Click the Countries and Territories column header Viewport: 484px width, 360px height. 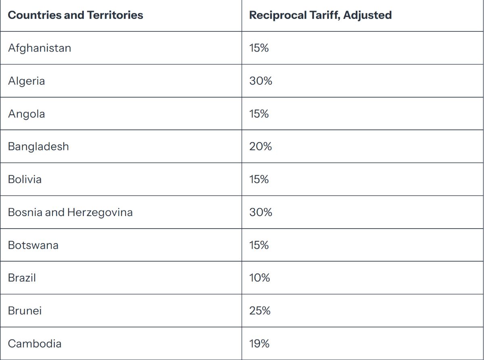[x=75, y=15]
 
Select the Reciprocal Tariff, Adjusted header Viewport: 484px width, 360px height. [x=320, y=15]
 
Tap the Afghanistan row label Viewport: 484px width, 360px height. [x=40, y=48]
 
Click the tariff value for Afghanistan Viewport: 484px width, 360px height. [x=259, y=48]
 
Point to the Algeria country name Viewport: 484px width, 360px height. [x=26, y=81]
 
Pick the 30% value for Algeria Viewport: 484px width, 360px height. [x=261, y=81]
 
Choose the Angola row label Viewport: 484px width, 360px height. [x=26, y=114]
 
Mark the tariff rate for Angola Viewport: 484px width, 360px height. [x=259, y=114]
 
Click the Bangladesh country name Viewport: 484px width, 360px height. [x=38, y=146]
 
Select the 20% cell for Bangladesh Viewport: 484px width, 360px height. [x=261, y=146]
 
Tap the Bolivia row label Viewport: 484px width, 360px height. [x=25, y=179]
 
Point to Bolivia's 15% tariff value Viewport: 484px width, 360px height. [x=259, y=179]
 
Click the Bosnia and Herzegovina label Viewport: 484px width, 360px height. [x=70, y=212]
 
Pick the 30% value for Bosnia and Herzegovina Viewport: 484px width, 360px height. [x=261, y=212]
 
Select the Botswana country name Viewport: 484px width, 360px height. [x=33, y=245]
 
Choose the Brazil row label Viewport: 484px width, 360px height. [x=22, y=278]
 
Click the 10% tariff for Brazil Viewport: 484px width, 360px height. [x=259, y=278]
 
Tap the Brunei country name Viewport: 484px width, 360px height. [x=25, y=311]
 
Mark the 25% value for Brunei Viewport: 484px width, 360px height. [x=260, y=311]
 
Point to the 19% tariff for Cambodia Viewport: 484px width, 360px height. [x=259, y=343]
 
